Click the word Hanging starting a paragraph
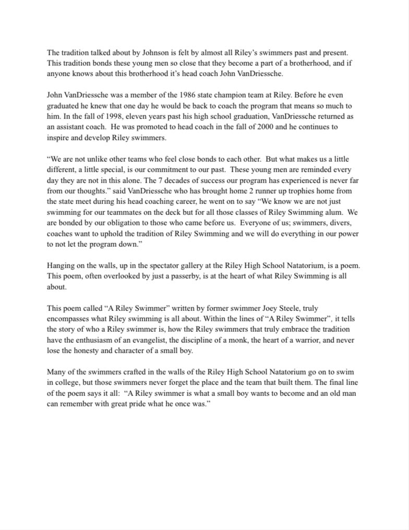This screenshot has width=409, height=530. coord(61,266)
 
